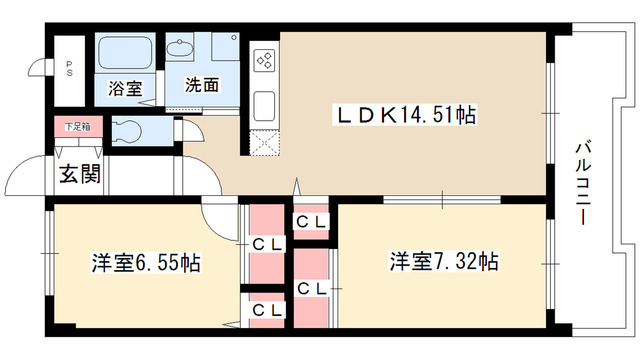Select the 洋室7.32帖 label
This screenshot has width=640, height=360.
444,263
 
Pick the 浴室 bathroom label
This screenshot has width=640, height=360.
125,87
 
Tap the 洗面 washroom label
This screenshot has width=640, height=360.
201,86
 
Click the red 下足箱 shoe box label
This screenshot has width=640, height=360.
75,127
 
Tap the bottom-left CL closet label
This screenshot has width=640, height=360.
264,311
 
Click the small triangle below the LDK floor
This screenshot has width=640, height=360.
296,185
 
